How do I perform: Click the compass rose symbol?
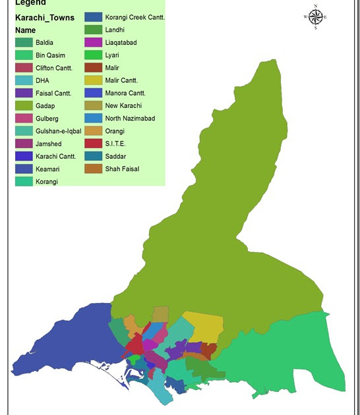[x=316, y=17]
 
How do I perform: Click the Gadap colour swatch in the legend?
[x=24, y=105]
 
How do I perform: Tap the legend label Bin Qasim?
[x=51, y=55]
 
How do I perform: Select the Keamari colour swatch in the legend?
[x=24, y=169]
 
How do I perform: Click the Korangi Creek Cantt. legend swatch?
[x=93, y=17]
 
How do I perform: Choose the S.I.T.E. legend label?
[x=115, y=144]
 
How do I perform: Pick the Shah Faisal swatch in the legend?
[x=93, y=169]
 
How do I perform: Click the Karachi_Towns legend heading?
[x=45, y=18]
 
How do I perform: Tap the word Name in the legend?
[x=26, y=30]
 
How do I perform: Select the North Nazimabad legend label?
[x=130, y=119]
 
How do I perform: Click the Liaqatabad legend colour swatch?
[x=93, y=42]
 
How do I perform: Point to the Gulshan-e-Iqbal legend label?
[x=59, y=131]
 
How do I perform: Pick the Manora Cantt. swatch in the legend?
[x=93, y=93]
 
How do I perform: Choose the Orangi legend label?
[x=115, y=131]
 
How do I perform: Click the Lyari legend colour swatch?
[x=93, y=55]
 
